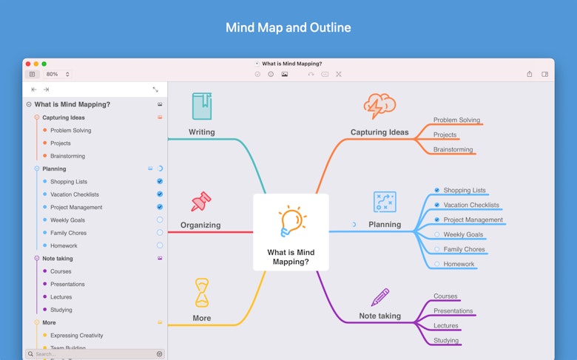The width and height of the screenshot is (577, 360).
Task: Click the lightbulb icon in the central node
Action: point(291,220)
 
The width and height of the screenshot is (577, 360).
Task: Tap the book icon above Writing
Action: point(201,106)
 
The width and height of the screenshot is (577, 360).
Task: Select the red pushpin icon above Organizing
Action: point(200,201)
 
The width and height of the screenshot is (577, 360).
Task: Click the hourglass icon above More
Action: point(201,293)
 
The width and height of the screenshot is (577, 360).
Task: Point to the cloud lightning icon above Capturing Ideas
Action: point(379,106)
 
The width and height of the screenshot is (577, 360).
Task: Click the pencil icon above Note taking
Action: point(380,297)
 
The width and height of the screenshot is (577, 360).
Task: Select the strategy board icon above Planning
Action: point(385,201)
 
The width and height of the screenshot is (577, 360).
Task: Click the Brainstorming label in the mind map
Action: point(454,149)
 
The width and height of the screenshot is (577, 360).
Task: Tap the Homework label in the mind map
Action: point(459,264)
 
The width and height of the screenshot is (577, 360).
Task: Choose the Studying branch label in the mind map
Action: point(446,341)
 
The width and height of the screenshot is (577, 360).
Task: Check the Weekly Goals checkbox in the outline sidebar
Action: point(160,220)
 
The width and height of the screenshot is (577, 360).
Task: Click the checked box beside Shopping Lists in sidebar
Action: point(160,181)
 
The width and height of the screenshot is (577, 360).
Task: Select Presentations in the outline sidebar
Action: point(67,284)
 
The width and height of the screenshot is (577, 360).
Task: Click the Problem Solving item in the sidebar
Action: point(71,130)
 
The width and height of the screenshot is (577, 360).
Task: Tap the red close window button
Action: point(28,64)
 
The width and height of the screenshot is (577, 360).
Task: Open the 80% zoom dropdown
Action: point(57,74)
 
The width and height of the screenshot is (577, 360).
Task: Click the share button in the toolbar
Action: point(530,74)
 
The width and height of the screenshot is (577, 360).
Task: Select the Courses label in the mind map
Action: point(445,296)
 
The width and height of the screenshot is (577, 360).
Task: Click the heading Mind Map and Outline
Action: point(288,28)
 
